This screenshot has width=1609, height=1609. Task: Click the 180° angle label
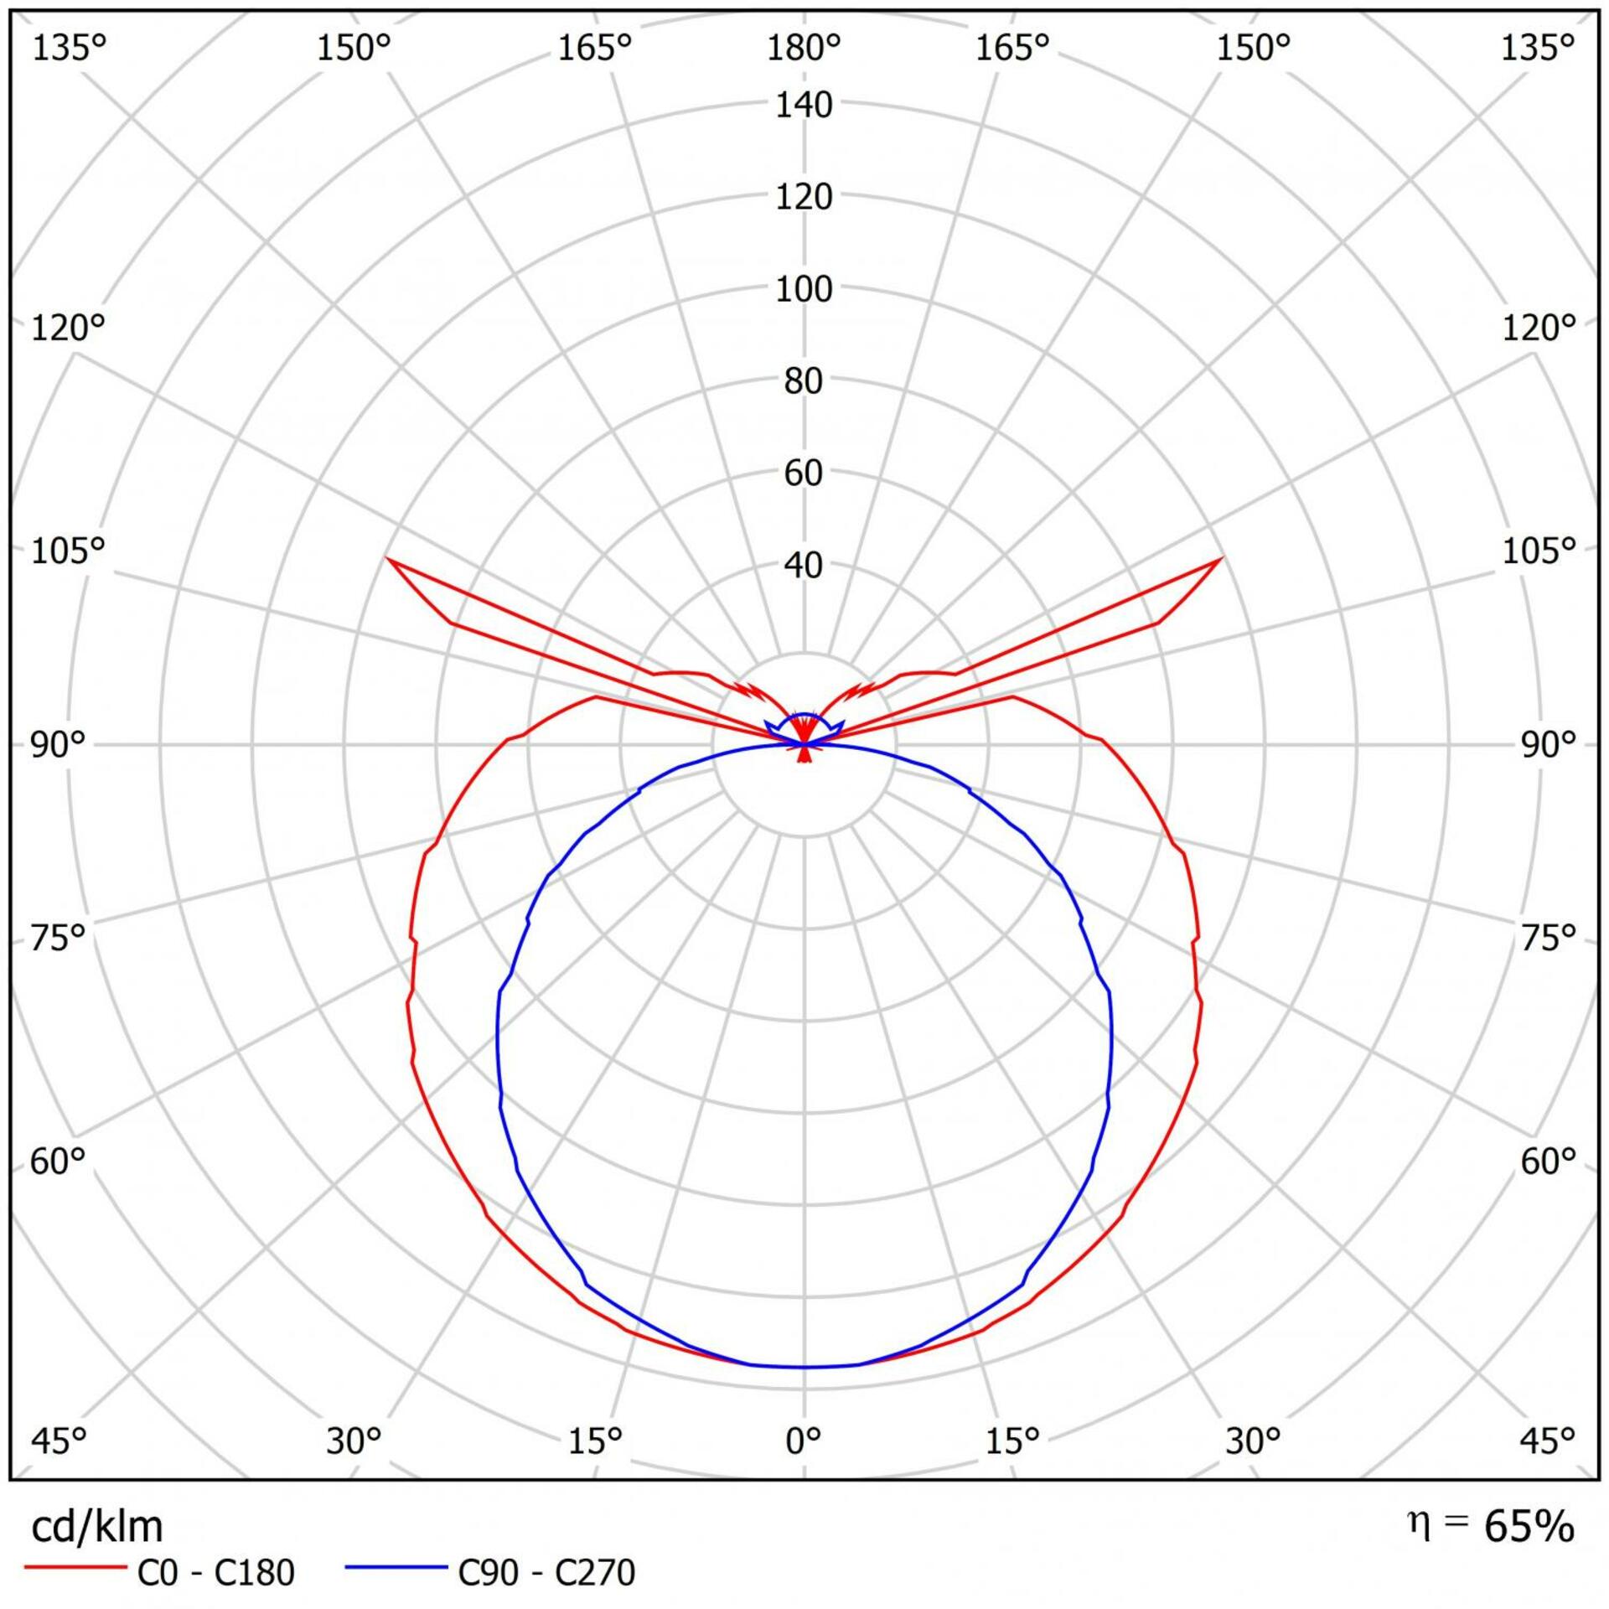[x=804, y=49]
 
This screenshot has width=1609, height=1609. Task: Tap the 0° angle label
[x=804, y=1440]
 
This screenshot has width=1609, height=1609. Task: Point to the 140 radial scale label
[x=804, y=106]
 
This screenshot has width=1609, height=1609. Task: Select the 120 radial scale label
[x=804, y=198]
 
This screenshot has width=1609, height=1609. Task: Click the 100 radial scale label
[x=804, y=290]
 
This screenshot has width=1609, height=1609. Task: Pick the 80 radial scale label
[x=804, y=382]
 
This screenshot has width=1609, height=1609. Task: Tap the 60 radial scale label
[x=804, y=474]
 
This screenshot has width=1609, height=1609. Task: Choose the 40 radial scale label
[x=804, y=567]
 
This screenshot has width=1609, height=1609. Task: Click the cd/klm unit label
[x=96, y=1528]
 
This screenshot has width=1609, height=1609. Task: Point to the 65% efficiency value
[x=1529, y=1527]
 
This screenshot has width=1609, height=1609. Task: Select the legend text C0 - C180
[x=215, y=1573]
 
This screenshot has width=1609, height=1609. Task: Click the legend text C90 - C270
[x=546, y=1573]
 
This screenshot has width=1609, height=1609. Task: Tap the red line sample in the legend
[x=75, y=1565]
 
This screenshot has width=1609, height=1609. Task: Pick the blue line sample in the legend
[x=396, y=1565]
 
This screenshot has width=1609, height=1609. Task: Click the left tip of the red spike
[x=388, y=559]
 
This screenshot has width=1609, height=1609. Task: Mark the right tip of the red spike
[x=1220, y=559]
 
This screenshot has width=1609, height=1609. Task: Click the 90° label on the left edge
[x=59, y=744]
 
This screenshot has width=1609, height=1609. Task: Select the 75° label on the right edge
[x=1548, y=937]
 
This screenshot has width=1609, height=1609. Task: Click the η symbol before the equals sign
[x=1419, y=1524]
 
